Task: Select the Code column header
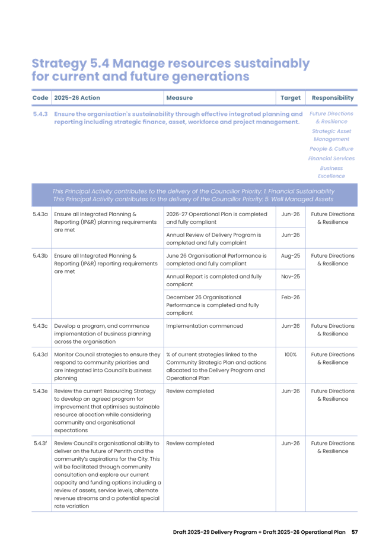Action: point(40,97)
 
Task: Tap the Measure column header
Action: point(179,97)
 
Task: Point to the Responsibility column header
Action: point(332,97)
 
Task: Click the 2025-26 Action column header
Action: point(74,97)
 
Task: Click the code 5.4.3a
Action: point(40,214)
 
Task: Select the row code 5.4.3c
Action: point(40,326)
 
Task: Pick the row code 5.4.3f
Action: point(40,443)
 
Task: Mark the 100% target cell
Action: point(290,354)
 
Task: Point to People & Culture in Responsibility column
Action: point(331,148)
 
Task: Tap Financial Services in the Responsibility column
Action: point(331,159)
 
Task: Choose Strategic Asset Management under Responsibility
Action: point(331,134)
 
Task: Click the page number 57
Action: point(355,531)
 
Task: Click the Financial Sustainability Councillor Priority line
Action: point(193,191)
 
